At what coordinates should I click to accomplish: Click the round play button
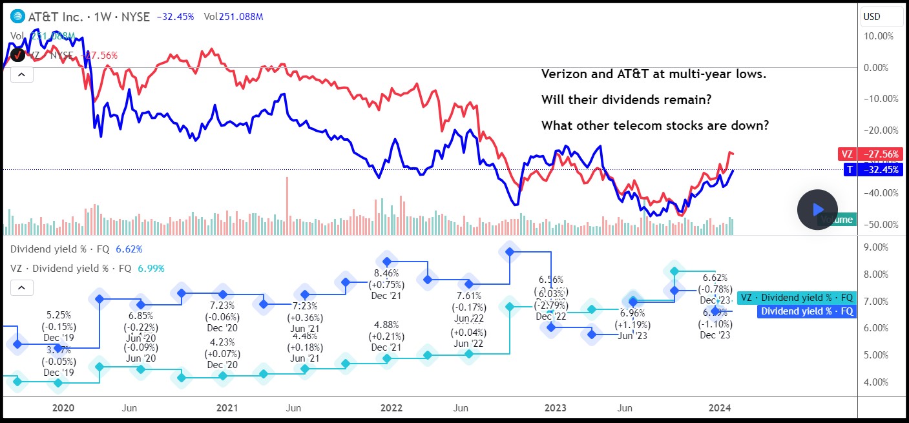click(x=817, y=209)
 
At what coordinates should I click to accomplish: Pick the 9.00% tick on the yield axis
click(x=881, y=247)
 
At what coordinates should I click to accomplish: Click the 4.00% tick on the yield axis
click(x=881, y=382)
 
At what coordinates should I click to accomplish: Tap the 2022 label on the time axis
click(x=392, y=408)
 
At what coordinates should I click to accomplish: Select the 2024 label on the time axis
click(x=720, y=408)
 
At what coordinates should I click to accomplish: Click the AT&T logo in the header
click(x=17, y=17)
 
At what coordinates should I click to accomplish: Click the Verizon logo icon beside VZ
click(x=17, y=55)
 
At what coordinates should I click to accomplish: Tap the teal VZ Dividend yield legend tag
click(x=798, y=298)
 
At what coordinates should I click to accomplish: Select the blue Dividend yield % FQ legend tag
click(x=808, y=311)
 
